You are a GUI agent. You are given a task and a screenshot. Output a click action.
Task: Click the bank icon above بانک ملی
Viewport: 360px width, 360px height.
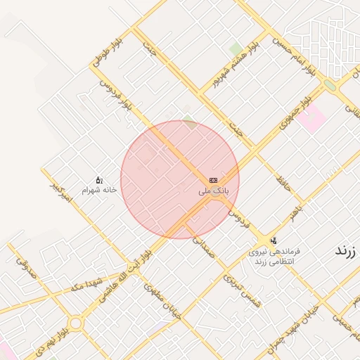213,181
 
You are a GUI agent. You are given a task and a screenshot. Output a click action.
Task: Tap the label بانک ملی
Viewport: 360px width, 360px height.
214,191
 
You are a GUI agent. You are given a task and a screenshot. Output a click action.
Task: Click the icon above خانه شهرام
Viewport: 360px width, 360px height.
98,180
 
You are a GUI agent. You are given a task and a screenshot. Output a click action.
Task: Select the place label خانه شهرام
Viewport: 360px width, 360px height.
98,190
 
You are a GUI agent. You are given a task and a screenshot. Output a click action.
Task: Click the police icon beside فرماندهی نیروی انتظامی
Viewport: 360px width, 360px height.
274,240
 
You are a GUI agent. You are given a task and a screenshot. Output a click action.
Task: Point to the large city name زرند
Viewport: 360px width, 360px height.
346,250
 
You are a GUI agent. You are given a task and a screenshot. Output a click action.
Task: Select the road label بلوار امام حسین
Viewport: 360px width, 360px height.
301,56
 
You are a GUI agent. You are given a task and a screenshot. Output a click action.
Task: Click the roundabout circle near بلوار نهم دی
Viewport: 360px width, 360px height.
75,323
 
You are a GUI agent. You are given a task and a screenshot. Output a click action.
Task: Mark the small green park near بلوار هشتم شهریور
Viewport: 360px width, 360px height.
236,49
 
